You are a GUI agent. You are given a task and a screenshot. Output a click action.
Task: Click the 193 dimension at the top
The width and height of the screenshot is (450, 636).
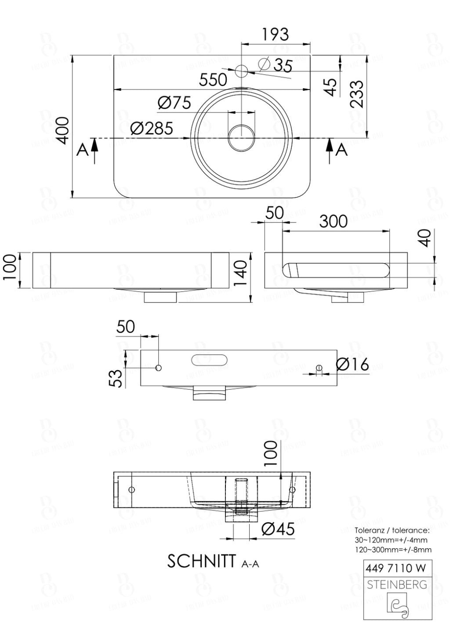pyautogui.click(x=275, y=34)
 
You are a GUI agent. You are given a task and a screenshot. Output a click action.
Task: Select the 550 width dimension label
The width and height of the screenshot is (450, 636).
pyautogui.click(x=213, y=80)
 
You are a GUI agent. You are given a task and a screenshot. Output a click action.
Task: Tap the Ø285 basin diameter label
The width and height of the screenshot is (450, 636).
pyautogui.click(x=152, y=129)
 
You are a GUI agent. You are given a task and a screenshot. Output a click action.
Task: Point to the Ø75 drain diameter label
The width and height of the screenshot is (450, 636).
pyautogui.click(x=174, y=103)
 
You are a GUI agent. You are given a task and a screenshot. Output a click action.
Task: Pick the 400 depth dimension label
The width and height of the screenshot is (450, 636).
pyautogui.click(x=63, y=130)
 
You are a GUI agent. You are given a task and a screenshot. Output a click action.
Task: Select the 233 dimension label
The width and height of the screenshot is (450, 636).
pyautogui.click(x=357, y=94)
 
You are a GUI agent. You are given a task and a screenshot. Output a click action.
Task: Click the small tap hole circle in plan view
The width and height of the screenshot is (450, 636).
pyautogui.click(x=241, y=71)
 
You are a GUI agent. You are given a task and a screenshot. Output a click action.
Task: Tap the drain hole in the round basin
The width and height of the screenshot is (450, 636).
pyautogui.click(x=241, y=138)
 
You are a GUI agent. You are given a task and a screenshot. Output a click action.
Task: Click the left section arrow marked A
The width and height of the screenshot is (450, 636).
pyautogui.click(x=94, y=151)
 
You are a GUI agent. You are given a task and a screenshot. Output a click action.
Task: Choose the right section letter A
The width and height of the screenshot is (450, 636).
pyautogui.click(x=341, y=150)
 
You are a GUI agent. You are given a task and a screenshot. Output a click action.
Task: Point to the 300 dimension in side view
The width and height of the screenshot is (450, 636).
pyautogui.click(x=333, y=222)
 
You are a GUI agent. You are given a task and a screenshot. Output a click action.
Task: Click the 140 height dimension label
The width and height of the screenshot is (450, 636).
pyautogui.click(x=240, y=273)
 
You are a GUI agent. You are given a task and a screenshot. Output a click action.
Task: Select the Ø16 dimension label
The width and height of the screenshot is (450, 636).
pyautogui.click(x=352, y=364)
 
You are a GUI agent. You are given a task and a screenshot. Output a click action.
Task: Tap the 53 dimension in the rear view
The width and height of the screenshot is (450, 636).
pyautogui.click(x=115, y=378)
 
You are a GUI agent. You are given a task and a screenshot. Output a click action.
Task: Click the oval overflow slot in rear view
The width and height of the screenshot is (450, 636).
pyautogui.click(x=209, y=360)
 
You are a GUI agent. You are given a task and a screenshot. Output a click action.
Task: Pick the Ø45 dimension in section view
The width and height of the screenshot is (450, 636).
pyautogui.click(x=278, y=529)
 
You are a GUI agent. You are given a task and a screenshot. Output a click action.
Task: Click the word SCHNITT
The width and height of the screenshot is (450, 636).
pyautogui.click(x=202, y=561)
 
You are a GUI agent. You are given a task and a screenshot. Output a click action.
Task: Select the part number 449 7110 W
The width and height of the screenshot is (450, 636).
pyautogui.click(x=396, y=568)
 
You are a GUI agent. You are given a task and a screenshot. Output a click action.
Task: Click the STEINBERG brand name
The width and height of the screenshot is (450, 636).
pyautogui.click(x=397, y=585)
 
